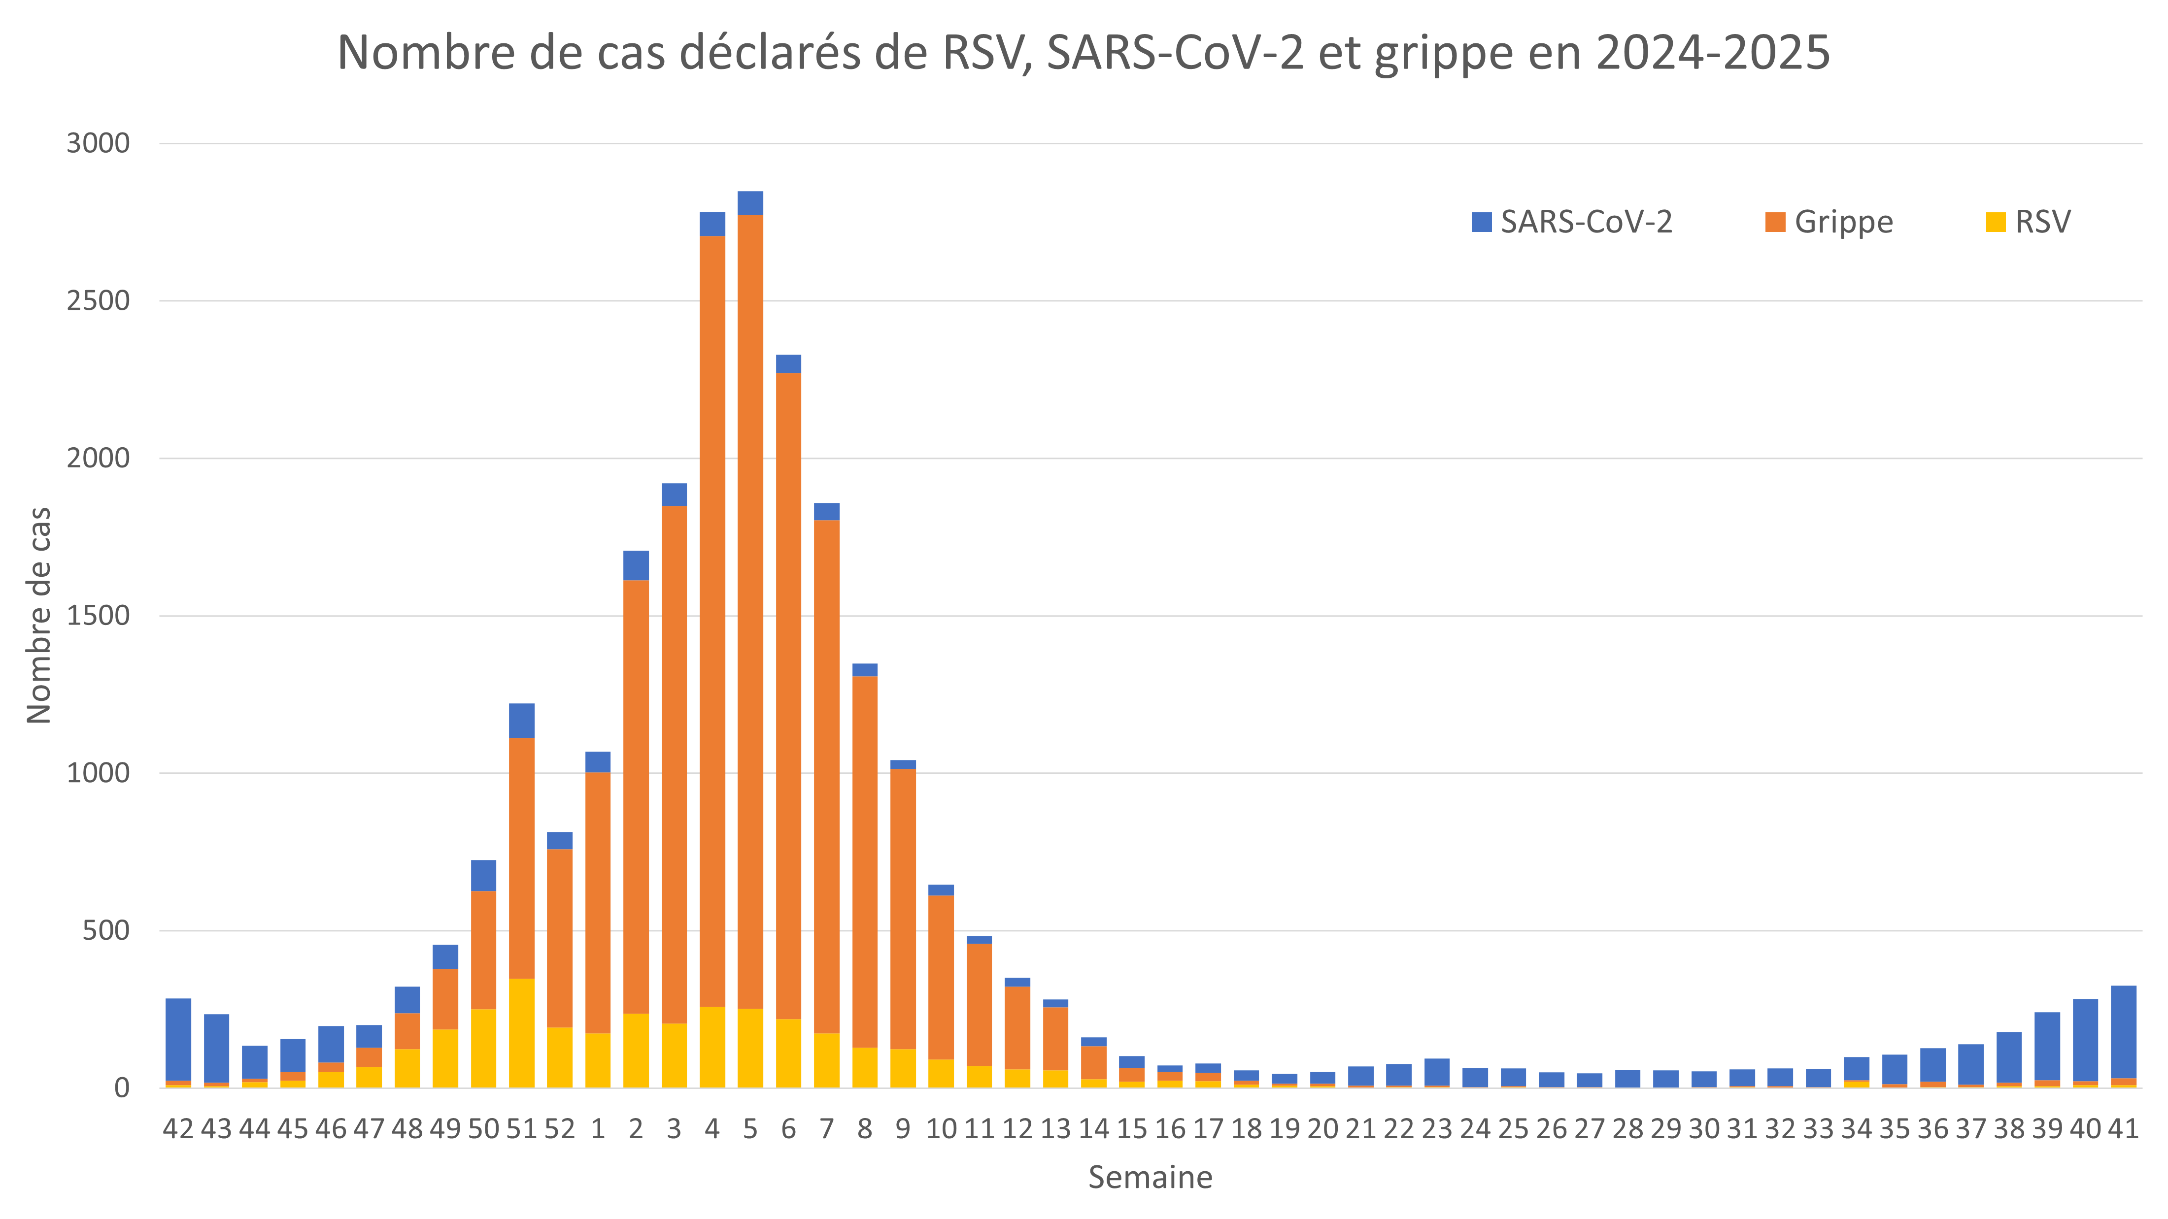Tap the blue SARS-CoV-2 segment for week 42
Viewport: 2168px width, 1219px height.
click(178, 1039)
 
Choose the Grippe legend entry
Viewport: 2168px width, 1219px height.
click(1829, 222)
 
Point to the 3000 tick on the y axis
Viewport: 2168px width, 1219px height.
click(99, 143)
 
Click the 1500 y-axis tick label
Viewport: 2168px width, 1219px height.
click(99, 616)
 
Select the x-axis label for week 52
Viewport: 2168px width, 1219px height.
click(560, 1129)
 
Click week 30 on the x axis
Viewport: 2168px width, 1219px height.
click(1704, 1129)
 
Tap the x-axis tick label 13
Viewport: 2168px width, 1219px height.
click(1055, 1129)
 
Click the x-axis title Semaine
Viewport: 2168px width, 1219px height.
click(1150, 1177)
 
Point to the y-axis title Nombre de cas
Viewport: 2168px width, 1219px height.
click(39, 615)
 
